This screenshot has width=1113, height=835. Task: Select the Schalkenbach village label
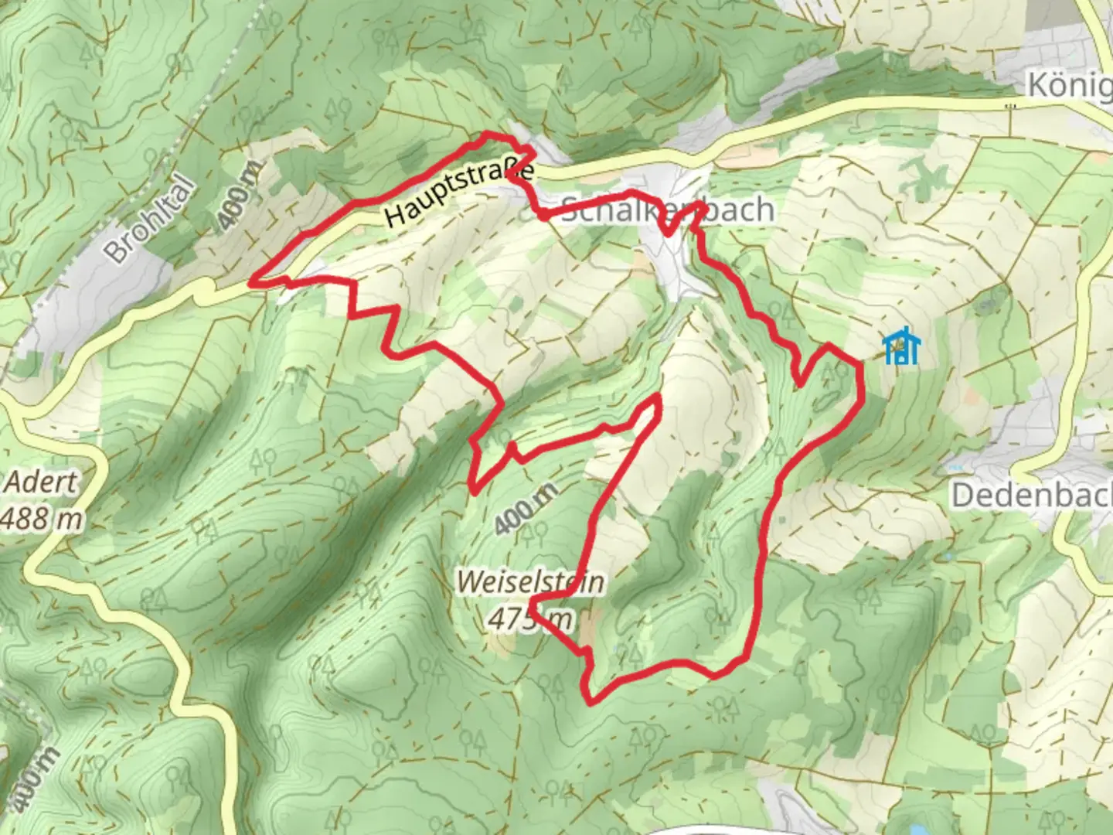click(666, 210)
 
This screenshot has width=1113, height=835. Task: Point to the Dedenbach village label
click(1031, 495)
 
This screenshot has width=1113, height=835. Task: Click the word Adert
click(42, 482)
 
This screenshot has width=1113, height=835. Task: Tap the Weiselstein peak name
click(530, 581)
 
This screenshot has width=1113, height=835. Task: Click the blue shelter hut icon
click(901, 347)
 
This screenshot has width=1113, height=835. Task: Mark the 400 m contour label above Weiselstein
click(526, 509)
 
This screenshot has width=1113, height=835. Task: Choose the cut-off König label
click(1070, 85)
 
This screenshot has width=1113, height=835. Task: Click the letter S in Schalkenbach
click(569, 210)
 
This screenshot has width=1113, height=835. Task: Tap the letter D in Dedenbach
click(962, 495)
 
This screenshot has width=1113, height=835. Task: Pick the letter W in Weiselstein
click(467, 581)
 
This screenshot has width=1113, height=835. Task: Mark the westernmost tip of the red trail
click(250, 283)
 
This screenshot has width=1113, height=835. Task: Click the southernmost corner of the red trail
click(591, 703)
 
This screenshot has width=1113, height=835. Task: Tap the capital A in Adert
click(14, 482)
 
